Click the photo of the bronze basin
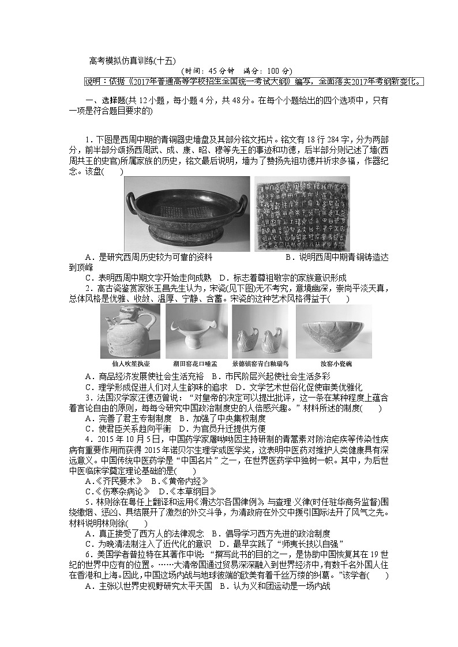(x=187, y=213)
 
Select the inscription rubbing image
(x=302, y=213)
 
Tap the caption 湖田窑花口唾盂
(x=196, y=364)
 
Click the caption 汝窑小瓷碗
(x=335, y=364)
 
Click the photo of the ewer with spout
(x=131, y=331)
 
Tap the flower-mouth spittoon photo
(x=196, y=331)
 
